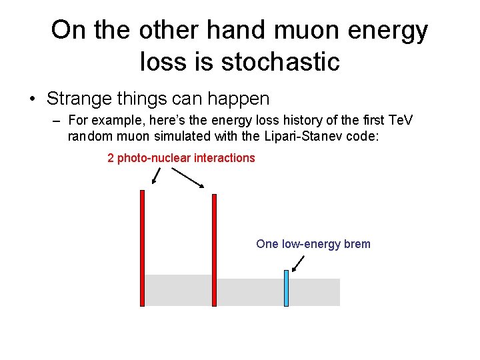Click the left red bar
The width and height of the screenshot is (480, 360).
tap(142, 248)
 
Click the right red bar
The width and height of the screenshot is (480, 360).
tap(214, 250)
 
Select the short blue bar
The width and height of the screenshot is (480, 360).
tap(286, 288)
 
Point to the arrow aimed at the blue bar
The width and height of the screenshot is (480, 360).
tap(298, 263)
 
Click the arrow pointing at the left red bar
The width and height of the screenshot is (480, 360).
tap(156, 175)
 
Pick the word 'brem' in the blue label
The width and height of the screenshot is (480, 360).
tap(357, 244)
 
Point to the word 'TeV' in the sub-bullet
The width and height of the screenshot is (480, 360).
tap(400, 121)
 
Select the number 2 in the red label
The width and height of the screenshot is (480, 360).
tap(111, 158)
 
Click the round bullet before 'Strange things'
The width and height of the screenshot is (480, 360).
tap(31, 100)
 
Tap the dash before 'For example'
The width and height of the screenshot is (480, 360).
tap(55, 121)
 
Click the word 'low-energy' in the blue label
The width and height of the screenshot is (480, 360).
tap(311, 244)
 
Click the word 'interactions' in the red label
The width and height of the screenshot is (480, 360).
tap(224, 158)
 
